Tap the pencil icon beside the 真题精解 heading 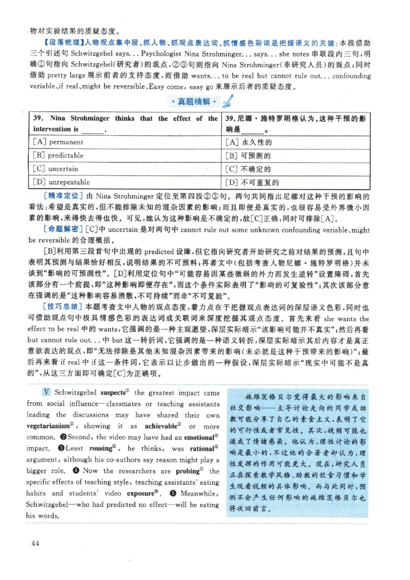click(x=228, y=100)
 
